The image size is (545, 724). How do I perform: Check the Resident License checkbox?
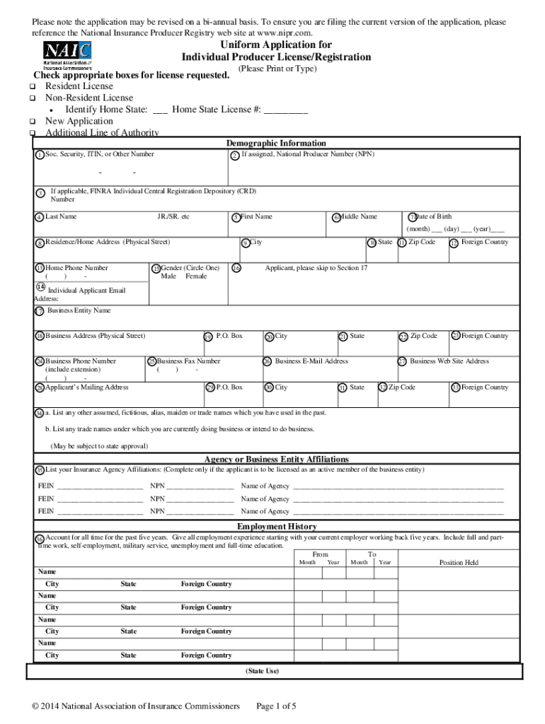click(33, 86)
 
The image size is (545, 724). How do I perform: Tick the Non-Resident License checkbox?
click(33, 98)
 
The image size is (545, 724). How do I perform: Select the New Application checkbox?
click(33, 122)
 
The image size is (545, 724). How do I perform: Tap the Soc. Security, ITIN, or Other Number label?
click(100, 154)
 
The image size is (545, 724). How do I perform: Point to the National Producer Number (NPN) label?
click(308, 154)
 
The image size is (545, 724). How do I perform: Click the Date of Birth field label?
click(433, 216)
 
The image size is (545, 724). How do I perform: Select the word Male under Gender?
click(168, 276)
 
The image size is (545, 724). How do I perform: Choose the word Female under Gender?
click(196, 276)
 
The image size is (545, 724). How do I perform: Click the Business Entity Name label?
click(79, 310)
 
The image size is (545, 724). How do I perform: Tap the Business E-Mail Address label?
click(311, 361)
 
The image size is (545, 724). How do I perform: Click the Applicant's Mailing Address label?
click(87, 387)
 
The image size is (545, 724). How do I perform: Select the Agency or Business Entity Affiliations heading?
click(276, 460)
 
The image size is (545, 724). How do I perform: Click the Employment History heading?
click(277, 527)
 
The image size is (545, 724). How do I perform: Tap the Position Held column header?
click(459, 563)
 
